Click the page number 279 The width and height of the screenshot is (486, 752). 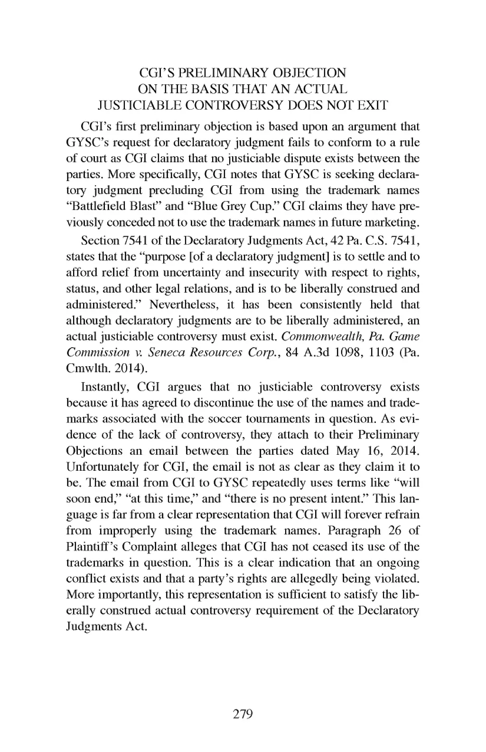[243, 714]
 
